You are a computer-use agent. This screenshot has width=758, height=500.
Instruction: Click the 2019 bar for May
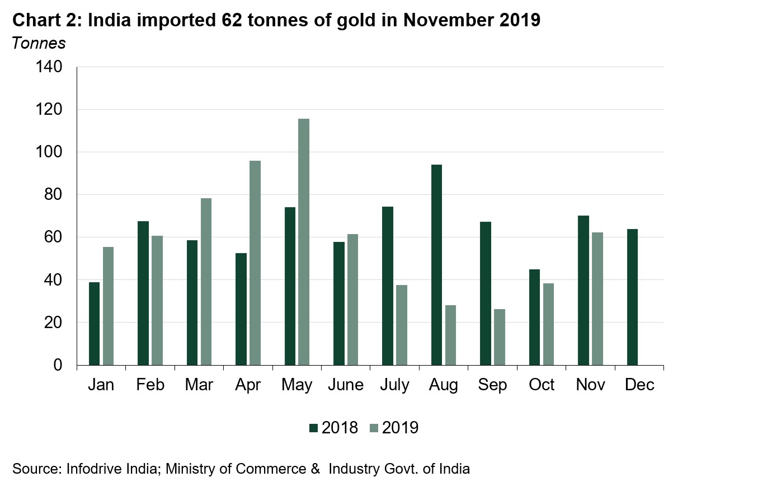(304, 242)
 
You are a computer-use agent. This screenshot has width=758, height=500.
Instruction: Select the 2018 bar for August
(436, 265)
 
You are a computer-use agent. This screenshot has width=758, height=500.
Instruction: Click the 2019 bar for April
(255, 263)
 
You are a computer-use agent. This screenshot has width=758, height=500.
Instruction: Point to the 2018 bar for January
(94, 324)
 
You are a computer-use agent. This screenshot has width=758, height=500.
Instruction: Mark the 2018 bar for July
(388, 286)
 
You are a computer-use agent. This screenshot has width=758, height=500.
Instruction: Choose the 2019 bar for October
(548, 324)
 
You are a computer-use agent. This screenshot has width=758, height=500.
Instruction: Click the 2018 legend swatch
(313, 428)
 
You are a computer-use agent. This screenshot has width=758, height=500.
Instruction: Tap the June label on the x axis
(346, 385)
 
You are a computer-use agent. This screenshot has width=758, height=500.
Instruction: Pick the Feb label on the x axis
(150, 385)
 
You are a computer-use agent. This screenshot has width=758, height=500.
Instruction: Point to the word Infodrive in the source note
(93, 469)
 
